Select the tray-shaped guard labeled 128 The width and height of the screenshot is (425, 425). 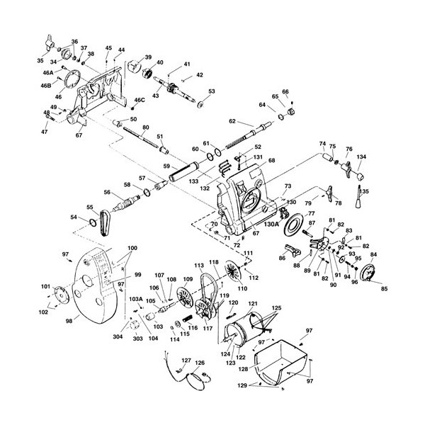280,358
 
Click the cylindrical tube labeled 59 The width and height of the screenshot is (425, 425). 188,173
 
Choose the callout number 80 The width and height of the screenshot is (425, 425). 145,128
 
